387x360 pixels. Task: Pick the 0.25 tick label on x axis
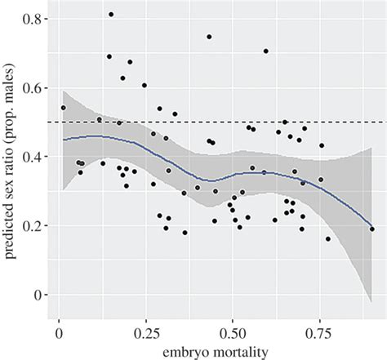[145, 333]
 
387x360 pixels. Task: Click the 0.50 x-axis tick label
[233, 333]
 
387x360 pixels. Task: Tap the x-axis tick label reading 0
[59, 333]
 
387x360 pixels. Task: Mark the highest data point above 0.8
[111, 15]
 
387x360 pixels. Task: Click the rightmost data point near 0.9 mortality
[372, 229]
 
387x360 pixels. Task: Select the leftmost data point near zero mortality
[63, 107]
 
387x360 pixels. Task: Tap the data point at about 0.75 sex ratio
[209, 37]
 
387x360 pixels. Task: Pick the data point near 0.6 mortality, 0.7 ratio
[265, 51]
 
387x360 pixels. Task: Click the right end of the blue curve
[372, 228]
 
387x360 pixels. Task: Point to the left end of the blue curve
[63, 139]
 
